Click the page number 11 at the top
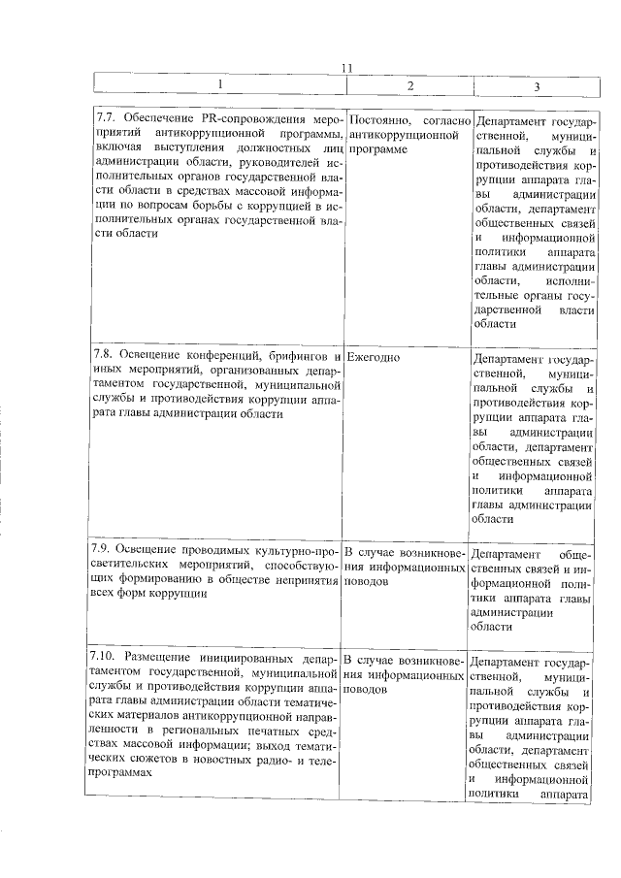[351, 67]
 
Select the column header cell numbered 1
[219, 85]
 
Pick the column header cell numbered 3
[537, 87]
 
